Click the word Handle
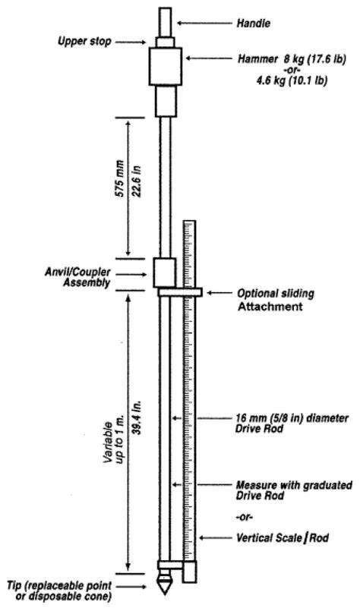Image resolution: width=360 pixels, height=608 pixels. click(x=254, y=24)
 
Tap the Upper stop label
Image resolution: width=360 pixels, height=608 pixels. click(x=84, y=41)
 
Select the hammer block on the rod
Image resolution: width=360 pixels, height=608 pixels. click(x=166, y=66)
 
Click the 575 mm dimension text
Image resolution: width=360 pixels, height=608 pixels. click(x=120, y=178)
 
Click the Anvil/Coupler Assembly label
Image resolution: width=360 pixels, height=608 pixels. click(x=77, y=277)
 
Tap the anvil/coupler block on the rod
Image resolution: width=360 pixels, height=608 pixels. click(x=165, y=272)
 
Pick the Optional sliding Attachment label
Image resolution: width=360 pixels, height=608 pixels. click(x=276, y=300)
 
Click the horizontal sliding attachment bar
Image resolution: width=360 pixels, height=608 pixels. click(x=180, y=292)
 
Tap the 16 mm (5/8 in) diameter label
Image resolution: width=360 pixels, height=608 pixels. click(x=292, y=418)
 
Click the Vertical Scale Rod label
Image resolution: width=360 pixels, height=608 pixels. click(x=283, y=538)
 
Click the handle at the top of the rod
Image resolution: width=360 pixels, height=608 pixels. click(x=166, y=22)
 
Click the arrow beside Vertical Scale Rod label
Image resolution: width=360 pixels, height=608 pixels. click(x=216, y=538)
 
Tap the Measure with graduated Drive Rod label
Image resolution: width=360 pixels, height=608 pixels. click(x=294, y=490)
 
